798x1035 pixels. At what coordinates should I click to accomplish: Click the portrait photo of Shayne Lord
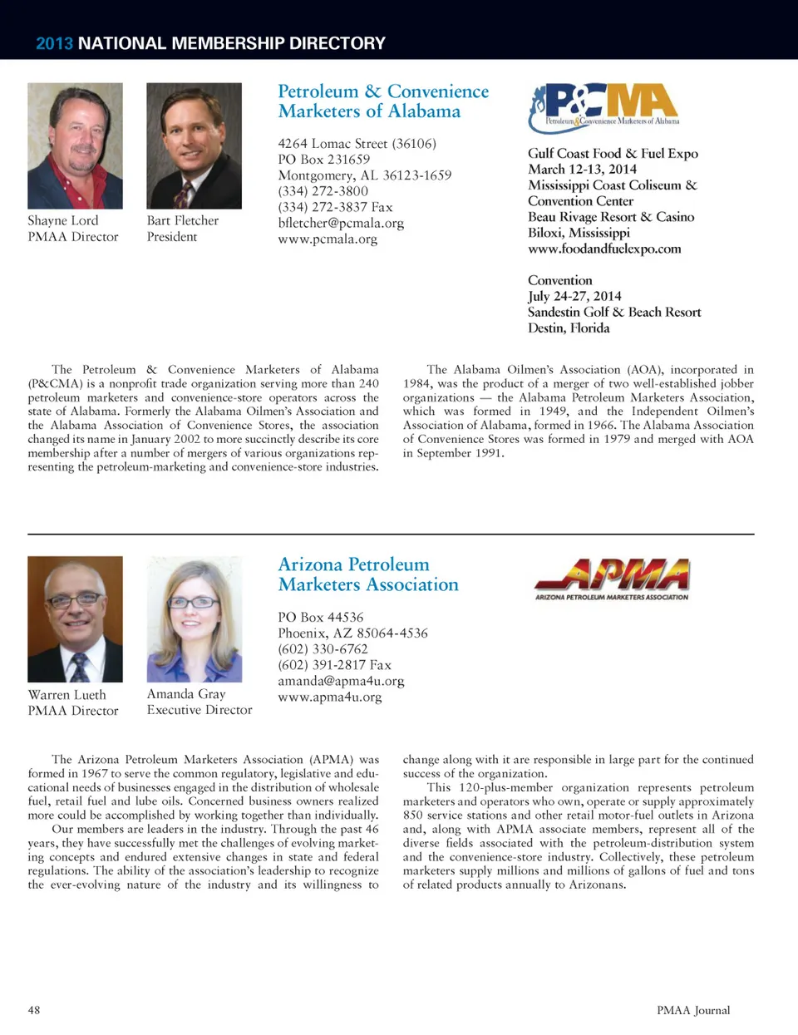pos(75,145)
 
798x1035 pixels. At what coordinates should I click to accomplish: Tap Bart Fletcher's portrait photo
pos(194,145)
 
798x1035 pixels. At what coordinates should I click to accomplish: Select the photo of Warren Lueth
pos(75,619)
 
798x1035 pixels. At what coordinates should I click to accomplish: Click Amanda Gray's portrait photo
pos(194,619)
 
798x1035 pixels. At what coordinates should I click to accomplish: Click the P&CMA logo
pos(604,107)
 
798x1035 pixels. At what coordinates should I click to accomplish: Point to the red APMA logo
pos(612,579)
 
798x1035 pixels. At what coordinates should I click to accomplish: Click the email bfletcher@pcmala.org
pos(341,223)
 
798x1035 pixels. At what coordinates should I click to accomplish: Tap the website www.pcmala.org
pos(328,239)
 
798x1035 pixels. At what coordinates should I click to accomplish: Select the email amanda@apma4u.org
pos(341,681)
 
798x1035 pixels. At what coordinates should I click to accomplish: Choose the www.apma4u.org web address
pos(330,697)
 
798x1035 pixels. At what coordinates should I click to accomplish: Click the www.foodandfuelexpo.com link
pos(604,249)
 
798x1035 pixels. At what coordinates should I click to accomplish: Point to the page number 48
pos(34,1010)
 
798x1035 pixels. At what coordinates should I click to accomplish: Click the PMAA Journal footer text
pos(693,1010)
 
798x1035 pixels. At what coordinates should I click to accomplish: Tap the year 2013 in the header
pos(54,43)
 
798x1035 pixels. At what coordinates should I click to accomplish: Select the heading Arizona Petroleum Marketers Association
pos(368,574)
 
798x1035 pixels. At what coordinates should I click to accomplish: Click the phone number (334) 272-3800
pos(323,191)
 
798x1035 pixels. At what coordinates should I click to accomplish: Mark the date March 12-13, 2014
pos(582,169)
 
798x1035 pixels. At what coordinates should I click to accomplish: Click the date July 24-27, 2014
pos(574,296)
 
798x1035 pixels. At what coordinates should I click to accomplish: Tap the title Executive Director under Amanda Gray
pos(199,710)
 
